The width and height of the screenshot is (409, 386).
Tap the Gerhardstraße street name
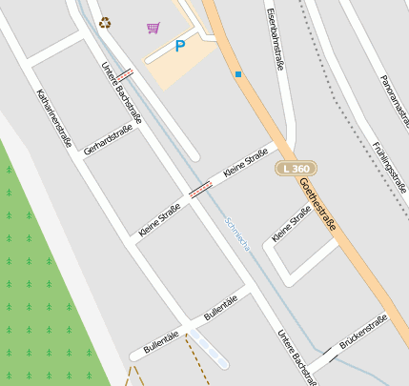tap(106, 139)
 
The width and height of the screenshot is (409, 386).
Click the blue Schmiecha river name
tap(237, 232)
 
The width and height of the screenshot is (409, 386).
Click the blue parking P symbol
tap(180, 46)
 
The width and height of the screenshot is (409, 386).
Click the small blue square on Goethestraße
tap(237, 73)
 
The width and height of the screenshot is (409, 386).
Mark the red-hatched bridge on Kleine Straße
tap(200, 190)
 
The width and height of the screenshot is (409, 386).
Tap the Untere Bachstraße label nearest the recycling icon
tap(121, 95)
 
